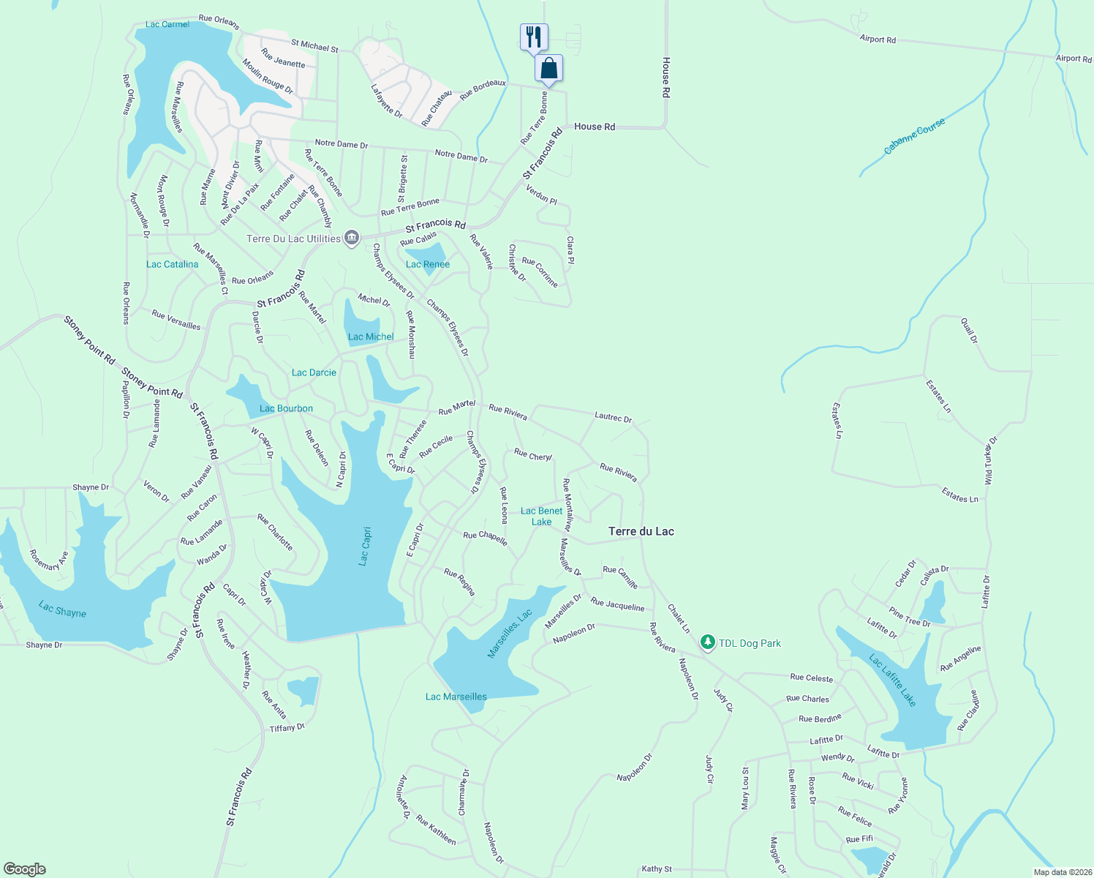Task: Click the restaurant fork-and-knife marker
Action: [534, 37]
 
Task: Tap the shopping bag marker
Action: [549, 68]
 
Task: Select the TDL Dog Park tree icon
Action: [707, 642]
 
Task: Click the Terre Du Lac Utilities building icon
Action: [352, 238]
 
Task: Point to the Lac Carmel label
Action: [167, 24]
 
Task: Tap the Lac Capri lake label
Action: [365, 546]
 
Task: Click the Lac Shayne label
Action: [63, 609]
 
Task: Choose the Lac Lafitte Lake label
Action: [892, 680]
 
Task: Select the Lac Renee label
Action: [428, 264]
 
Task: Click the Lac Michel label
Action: [371, 337]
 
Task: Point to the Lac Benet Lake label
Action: [542, 516]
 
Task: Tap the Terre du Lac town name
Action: [641, 531]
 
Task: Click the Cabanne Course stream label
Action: [914, 136]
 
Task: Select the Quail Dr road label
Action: [970, 330]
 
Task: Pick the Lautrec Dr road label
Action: [613, 417]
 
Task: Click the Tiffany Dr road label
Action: [287, 727]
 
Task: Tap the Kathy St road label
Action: [657, 868]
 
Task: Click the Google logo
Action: [25, 868]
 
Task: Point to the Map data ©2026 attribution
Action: [1061, 872]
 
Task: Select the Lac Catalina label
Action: [172, 264]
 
